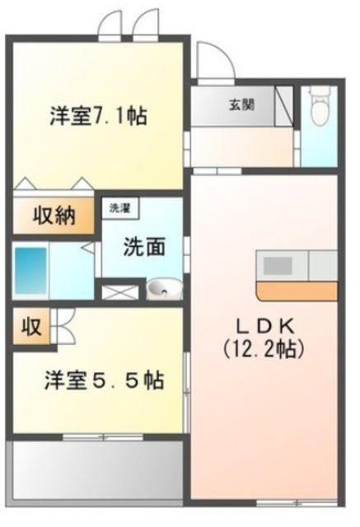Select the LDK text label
pyautogui.click(x=263, y=325)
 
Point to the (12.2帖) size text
pyautogui.click(x=264, y=348)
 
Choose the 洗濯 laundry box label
pyautogui.click(x=120, y=209)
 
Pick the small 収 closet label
pyautogui.click(x=30, y=327)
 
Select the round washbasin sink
pyautogui.click(x=161, y=289)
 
